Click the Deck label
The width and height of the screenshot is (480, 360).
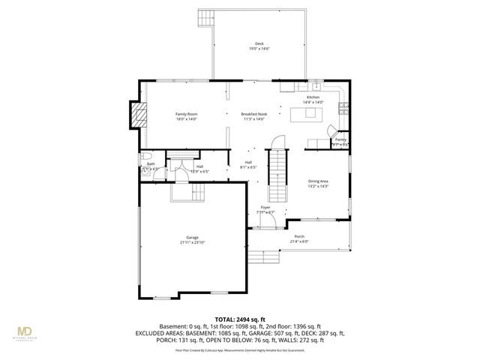click(x=259, y=43)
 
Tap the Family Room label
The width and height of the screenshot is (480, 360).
click(x=165, y=113)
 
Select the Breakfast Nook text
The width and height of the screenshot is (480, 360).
click(x=253, y=113)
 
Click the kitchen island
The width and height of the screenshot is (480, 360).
click(x=309, y=115)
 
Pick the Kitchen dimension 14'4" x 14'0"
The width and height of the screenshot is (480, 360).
click(x=312, y=102)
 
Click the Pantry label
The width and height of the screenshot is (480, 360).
click(x=340, y=139)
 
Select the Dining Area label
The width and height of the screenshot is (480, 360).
click(x=319, y=181)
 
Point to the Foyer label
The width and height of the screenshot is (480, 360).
click(x=265, y=207)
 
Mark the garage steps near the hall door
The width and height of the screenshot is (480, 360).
click(x=182, y=193)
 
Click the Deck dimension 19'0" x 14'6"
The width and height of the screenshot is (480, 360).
click(x=259, y=49)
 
